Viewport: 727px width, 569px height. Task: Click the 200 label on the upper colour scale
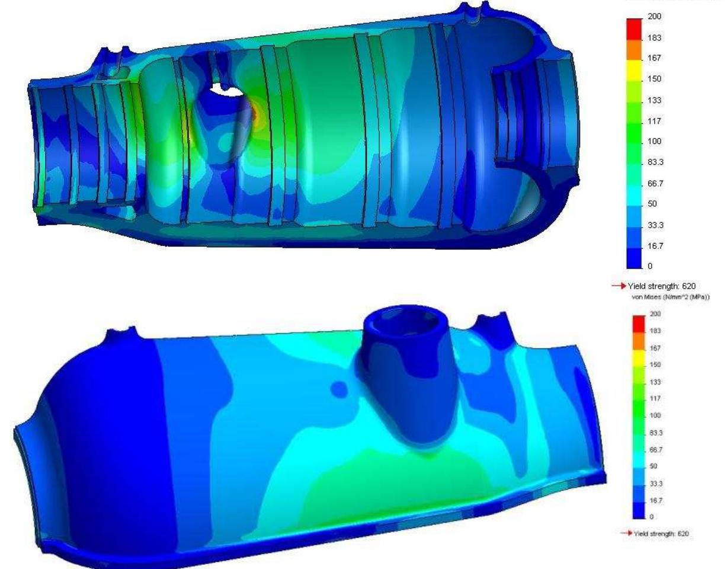pos(655,17)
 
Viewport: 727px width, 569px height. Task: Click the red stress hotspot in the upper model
pos(254,113)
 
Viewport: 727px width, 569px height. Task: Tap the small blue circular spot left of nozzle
pos(339,389)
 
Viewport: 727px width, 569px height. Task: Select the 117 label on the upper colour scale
pos(655,121)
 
